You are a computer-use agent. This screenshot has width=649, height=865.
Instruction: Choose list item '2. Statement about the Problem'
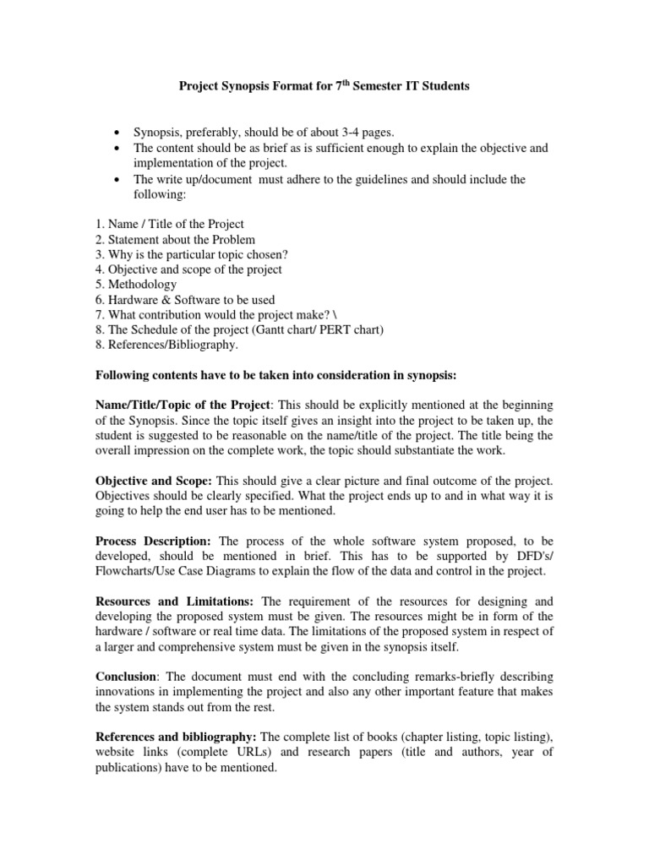point(174,239)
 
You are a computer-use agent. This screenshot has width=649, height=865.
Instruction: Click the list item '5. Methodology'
point(135,285)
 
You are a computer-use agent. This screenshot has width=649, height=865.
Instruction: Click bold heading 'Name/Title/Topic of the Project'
point(182,406)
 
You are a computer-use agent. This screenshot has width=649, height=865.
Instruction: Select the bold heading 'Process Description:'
point(154,541)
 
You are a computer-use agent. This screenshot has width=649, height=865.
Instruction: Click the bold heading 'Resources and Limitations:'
point(175,601)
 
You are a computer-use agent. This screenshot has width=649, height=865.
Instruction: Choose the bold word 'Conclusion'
point(125,677)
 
